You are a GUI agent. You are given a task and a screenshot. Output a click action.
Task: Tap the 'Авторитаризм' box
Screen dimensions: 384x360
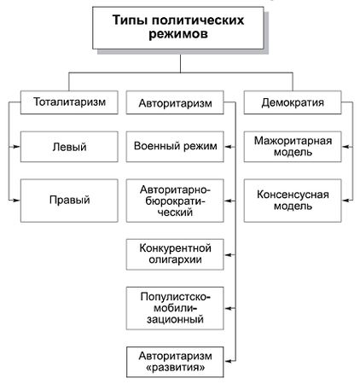click(x=174, y=102)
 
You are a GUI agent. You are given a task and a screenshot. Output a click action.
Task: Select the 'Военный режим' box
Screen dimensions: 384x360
click(x=174, y=147)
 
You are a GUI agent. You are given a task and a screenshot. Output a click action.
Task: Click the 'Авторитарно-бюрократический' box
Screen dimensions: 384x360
click(x=174, y=201)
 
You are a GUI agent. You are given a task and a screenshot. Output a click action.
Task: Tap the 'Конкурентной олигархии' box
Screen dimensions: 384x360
click(x=174, y=253)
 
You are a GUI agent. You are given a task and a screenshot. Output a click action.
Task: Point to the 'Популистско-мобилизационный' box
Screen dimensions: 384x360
click(x=174, y=307)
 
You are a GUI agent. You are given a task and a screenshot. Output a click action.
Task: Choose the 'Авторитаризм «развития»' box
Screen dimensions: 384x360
click(x=174, y=360)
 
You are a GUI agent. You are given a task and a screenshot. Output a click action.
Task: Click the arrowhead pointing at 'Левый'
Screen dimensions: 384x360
click(x=16, y=147)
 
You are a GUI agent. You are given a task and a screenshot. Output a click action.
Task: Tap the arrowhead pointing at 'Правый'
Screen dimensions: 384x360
click(x=16, y=201)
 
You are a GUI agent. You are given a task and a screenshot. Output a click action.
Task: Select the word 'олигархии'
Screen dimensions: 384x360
click(x=174, y=260)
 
